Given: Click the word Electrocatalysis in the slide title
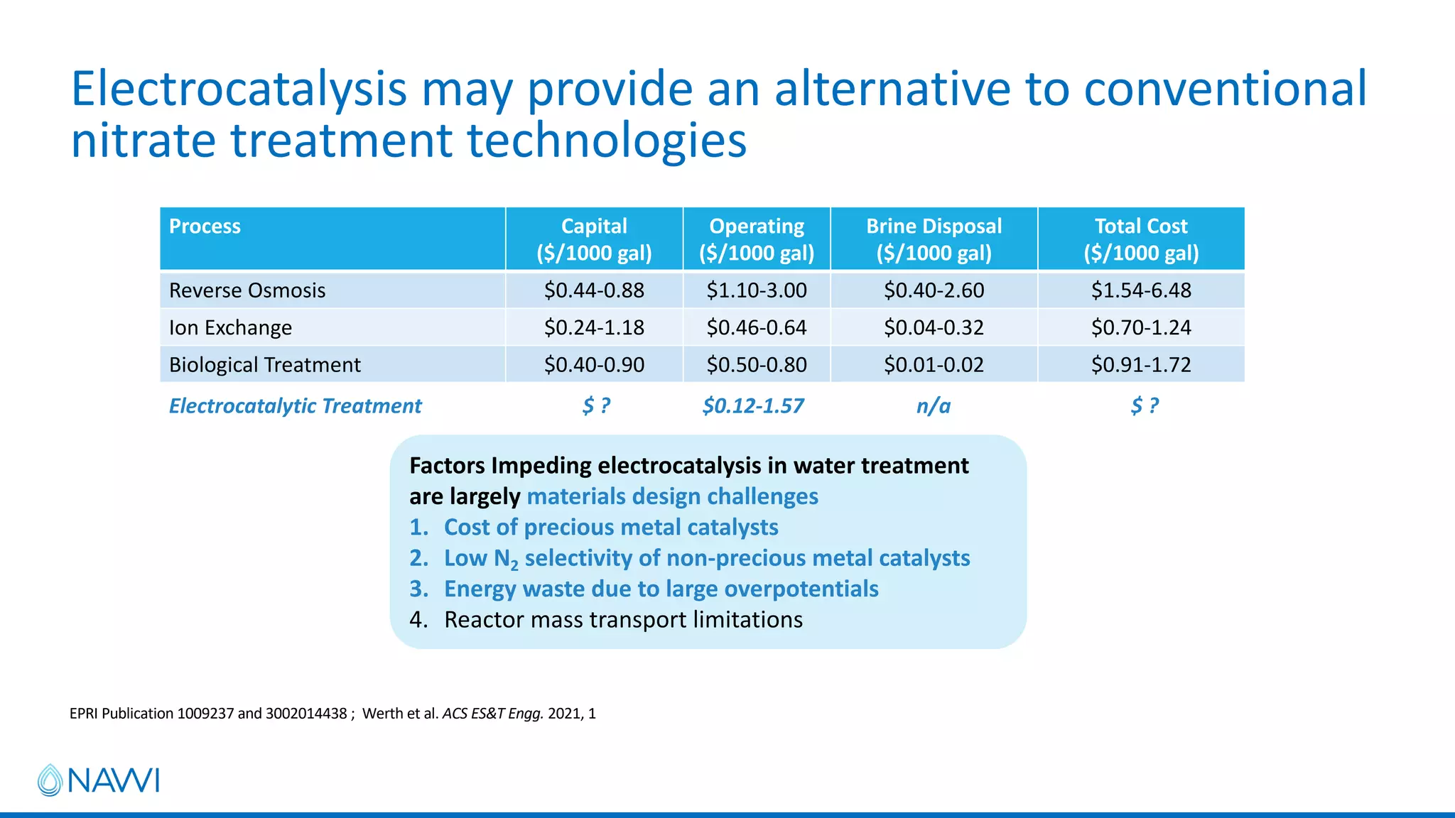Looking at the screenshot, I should click(239, 90).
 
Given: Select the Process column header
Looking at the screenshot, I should click(205, 227).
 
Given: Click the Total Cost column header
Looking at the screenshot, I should click(1140, 239).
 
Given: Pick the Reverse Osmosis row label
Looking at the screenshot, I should click(247, 290).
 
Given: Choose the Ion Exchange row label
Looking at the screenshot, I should click(230, 327).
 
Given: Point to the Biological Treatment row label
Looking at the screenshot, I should click(265, 365).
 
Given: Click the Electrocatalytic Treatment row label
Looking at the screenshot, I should click(295, 405).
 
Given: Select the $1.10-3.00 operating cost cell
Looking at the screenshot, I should click(757, 290).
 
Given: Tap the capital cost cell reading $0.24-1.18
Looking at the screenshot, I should click(594, 327).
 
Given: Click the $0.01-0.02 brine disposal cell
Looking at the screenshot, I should click(934, 365).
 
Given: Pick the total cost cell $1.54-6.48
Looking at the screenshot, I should click(1141, 290).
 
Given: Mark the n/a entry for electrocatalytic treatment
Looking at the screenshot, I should click(933, 406).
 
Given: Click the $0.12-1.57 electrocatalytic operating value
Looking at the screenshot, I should click(753, 406).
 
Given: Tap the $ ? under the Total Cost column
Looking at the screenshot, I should click(1144, 406).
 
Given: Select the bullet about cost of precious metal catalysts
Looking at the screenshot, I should click(611, 528).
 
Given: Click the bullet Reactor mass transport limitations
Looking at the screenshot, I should click(623, 620).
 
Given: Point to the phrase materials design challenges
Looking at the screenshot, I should click(672, 496).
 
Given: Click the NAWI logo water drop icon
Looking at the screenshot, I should click(50, 780).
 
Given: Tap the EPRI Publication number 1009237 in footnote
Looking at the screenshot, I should click(205, 714).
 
